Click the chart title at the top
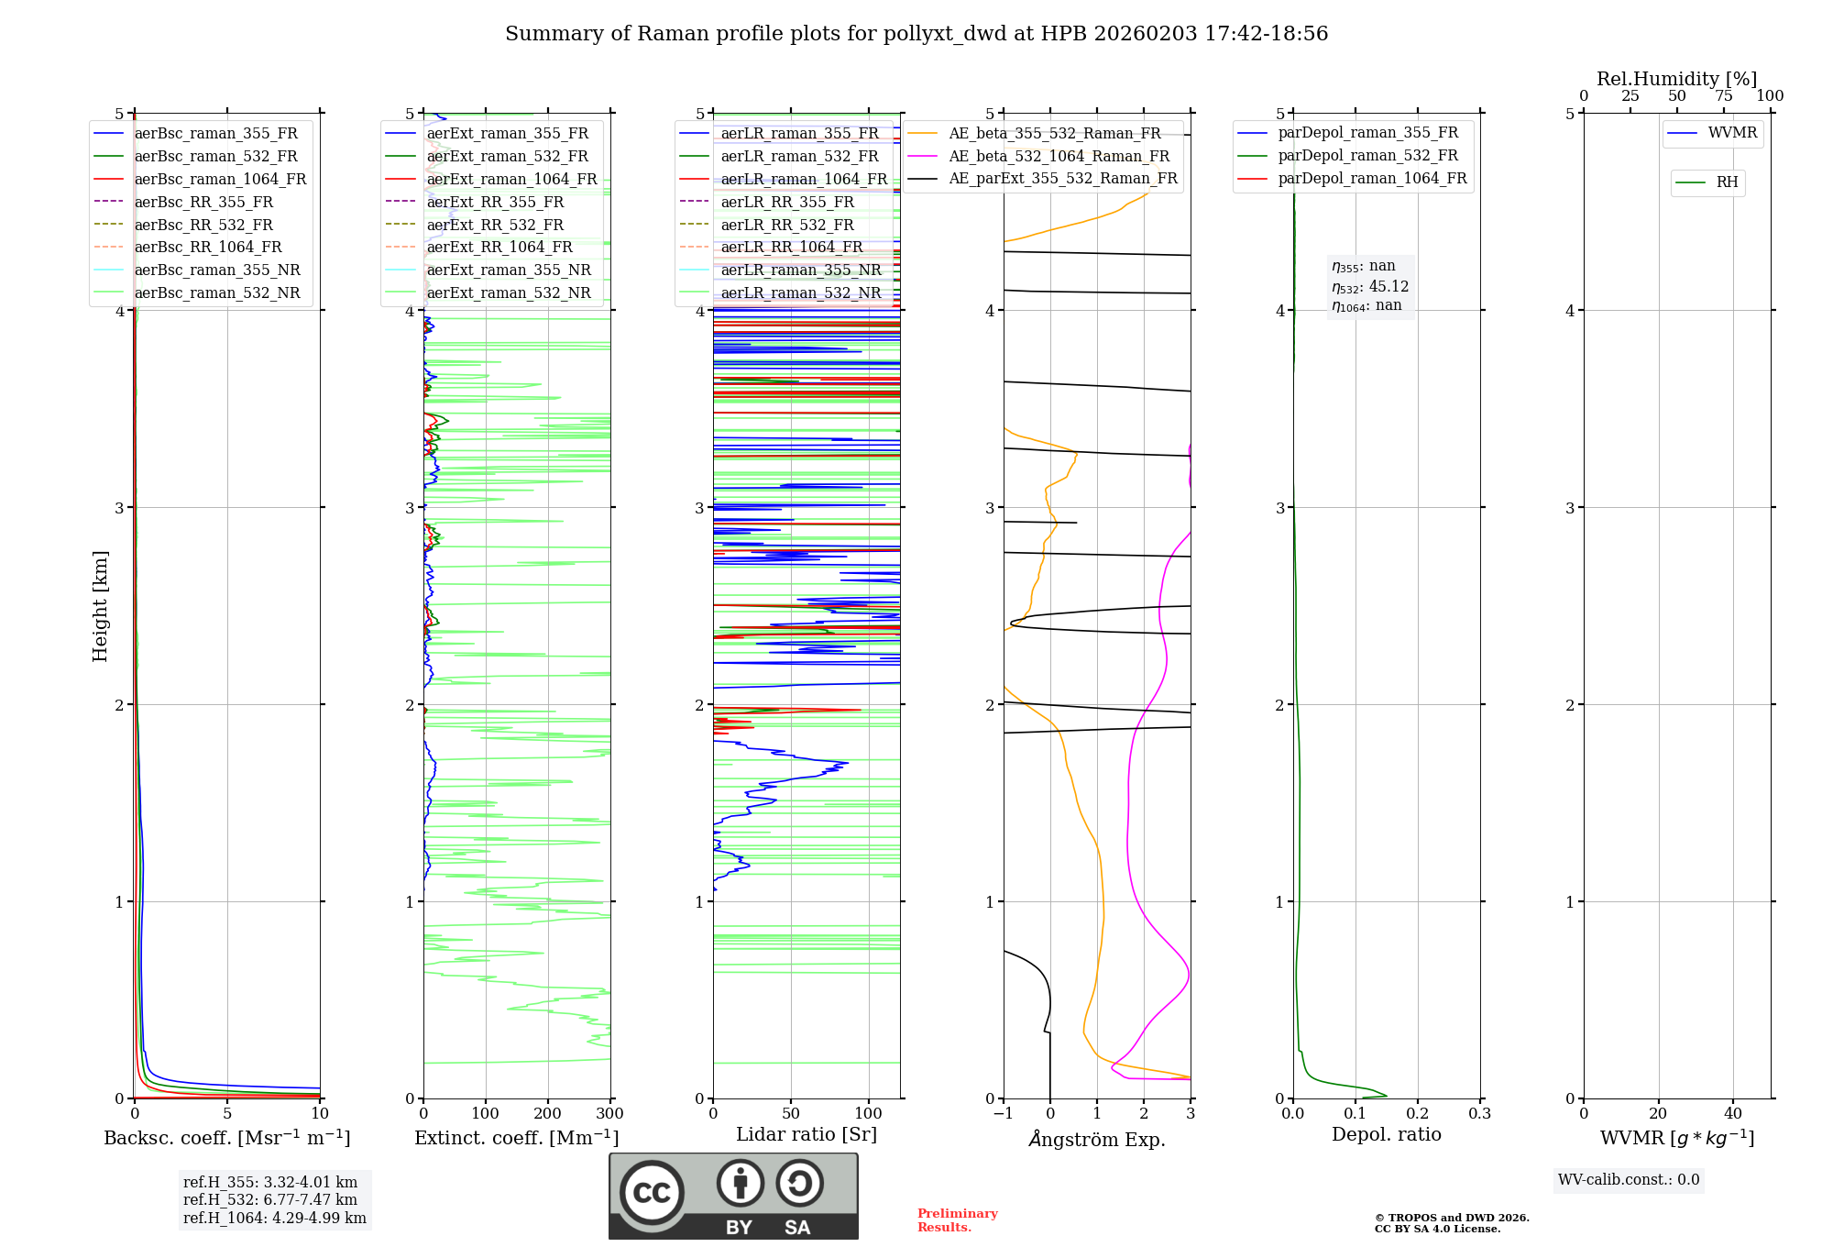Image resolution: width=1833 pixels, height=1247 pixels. point(916,34)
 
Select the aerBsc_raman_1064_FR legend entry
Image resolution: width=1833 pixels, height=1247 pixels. point(220,180)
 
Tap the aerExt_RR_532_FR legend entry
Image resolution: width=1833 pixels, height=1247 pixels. point(495,225)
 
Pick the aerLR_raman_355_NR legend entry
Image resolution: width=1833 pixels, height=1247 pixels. point(800,270)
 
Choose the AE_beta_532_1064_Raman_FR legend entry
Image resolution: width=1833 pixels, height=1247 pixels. point(1059,157)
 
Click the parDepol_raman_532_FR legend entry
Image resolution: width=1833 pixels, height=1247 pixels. point(1367,156)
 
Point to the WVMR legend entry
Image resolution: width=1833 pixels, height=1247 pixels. point(1732,133)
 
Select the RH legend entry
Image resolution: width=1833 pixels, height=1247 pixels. point(1727,182)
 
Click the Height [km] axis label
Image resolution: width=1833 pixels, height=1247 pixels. point(100,606)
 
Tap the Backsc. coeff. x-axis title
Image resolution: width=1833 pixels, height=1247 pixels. point(226,1138)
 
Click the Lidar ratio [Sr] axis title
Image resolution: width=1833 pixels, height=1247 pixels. point(807,1135)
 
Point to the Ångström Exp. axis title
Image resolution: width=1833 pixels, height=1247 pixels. point(1097,1140)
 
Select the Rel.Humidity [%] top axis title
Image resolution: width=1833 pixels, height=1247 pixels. point(1676,79)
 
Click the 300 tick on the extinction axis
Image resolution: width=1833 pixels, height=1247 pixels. point(610,1114)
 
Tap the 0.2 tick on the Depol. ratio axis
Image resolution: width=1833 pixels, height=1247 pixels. point(1418,1114)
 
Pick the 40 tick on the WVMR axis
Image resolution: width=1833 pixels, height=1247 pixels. point(1733,1114)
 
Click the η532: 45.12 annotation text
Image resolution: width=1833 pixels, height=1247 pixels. point(1370,287)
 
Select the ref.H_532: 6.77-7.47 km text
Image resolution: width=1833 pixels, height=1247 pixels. point(269,1200)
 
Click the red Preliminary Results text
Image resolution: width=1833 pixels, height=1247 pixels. point(957,1220)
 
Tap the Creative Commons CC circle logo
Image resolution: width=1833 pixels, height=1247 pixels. point(652,1192)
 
